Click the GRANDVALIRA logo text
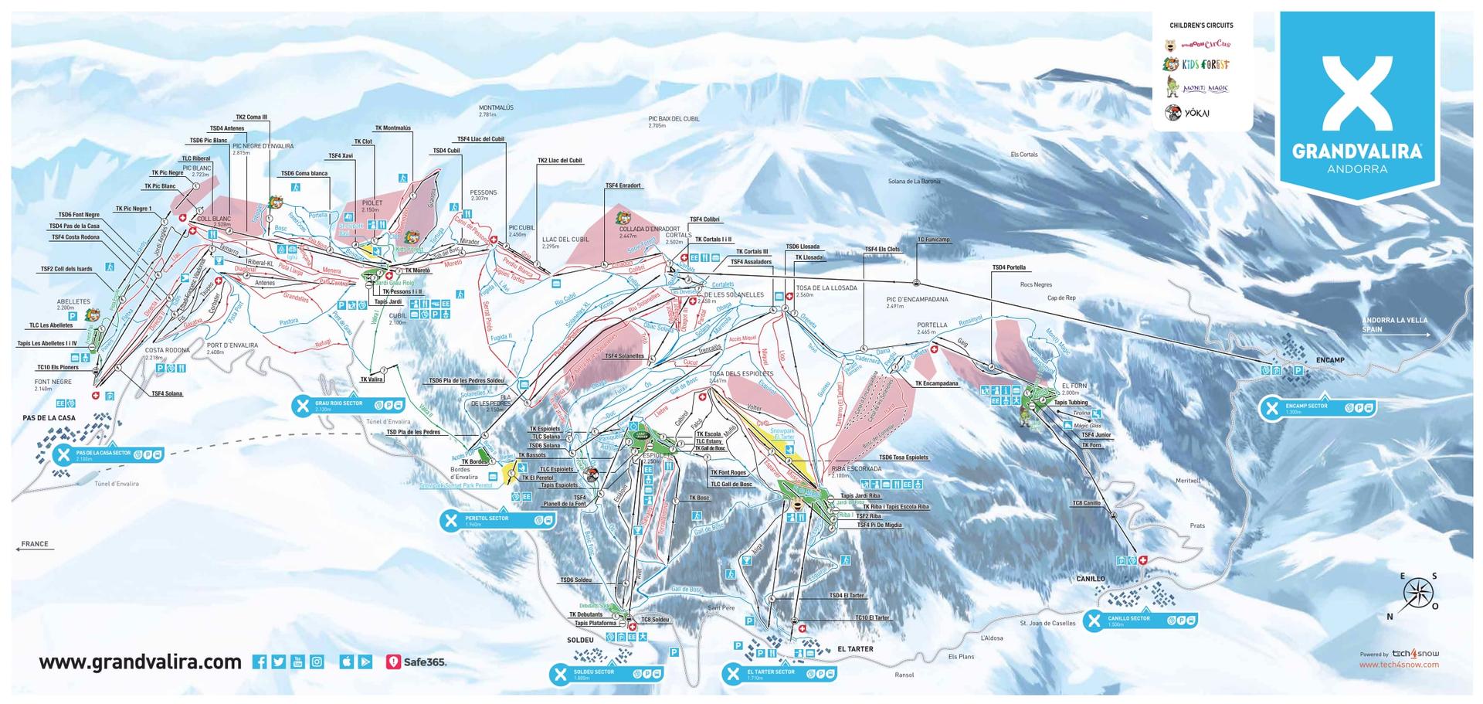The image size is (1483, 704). (1356, 151)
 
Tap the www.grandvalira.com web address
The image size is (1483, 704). (140, 662)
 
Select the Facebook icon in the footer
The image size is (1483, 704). (260, 661)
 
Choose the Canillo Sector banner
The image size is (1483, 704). (1141, 621)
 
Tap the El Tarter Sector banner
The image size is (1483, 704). (780, 674)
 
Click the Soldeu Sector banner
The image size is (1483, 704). (606, 674)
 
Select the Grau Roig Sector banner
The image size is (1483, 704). (348, 405)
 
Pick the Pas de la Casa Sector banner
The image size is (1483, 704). (107, 455)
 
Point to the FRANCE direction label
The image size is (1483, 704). (34, 544)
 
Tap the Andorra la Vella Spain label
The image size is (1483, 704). (1394, 325)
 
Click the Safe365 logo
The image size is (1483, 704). (416, 662)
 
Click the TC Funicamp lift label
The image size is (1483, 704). (933, 240)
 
